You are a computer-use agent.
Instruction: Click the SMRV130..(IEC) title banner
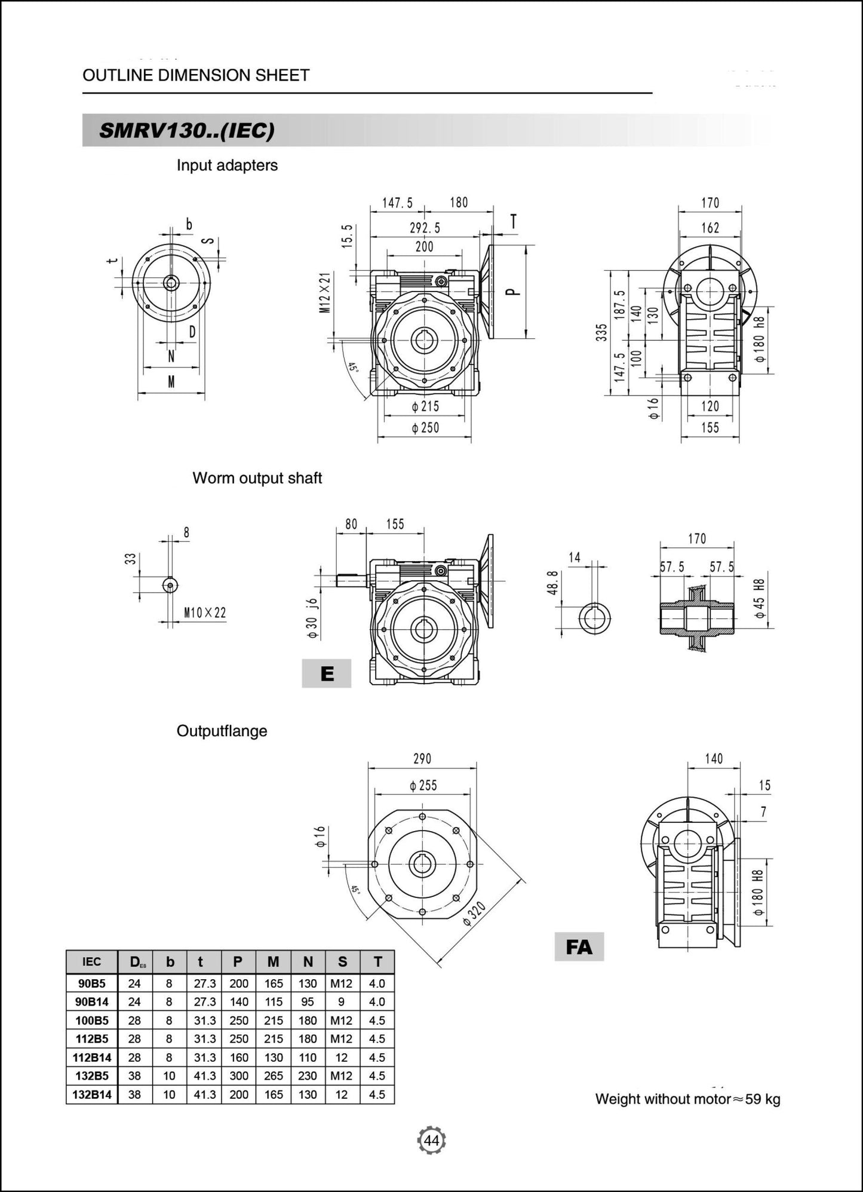187,130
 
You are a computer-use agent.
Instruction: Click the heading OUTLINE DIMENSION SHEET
196,75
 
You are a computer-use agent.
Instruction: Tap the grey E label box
326,673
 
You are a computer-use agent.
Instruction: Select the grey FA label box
579,946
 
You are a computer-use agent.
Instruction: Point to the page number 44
431,1141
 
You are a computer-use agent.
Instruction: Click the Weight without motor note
687,1099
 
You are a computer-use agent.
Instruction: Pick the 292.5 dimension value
425,228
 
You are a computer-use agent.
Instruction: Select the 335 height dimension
601,332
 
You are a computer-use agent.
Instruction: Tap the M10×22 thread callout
205,613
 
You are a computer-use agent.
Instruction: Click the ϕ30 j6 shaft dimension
312,618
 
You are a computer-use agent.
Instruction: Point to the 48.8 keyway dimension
552,583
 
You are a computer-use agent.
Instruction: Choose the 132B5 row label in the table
92,1076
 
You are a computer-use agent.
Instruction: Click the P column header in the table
238,962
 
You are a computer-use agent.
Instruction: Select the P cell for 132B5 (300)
238,1076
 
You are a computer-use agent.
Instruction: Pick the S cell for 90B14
342,1002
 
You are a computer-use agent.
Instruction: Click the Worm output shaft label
257,478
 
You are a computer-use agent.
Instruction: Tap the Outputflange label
222,731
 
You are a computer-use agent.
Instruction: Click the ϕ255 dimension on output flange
423,785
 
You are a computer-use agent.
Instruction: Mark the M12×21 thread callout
324,292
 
